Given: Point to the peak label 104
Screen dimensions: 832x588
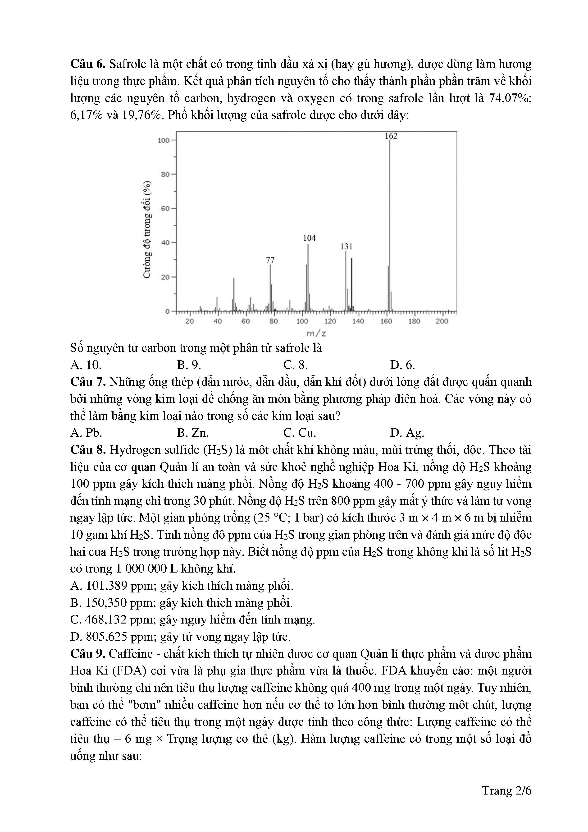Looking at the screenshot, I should tap(309, 238).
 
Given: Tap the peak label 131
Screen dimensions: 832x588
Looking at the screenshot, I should tap(346, 246).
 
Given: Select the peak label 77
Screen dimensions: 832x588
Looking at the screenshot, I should tap(270, 260).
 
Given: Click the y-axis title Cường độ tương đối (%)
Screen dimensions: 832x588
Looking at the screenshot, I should tap(147, 230).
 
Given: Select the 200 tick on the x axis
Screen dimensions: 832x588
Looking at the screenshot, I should tap(442, 321).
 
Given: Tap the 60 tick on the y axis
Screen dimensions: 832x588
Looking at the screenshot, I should tap(165, 208).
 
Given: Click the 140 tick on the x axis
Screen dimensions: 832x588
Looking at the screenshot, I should tap(358, 321).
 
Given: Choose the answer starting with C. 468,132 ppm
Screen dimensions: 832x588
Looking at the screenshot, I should tap(193, 620).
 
